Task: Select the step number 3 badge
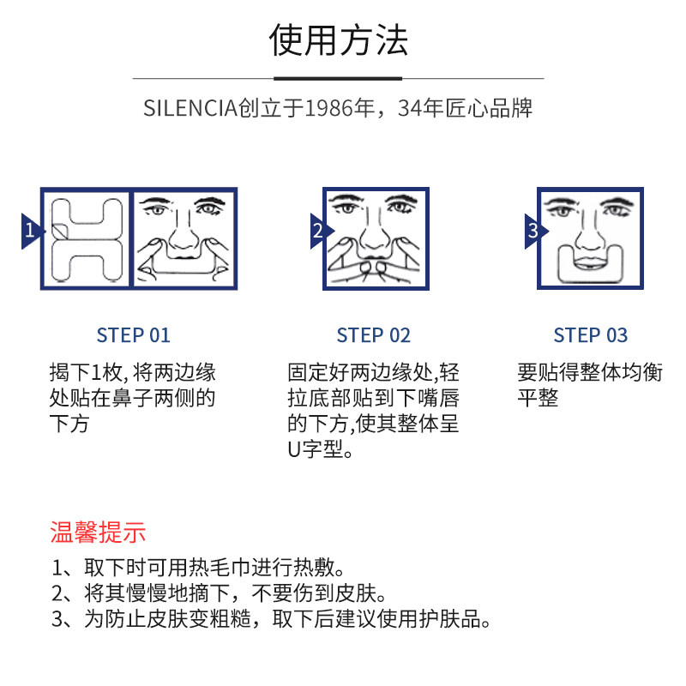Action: pos(533,231)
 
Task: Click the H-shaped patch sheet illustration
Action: pos(85,239)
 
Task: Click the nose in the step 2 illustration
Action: pos(376,232)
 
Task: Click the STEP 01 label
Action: pos(134,335)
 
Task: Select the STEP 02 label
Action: pos(374,335)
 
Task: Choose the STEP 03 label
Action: pos(591,335)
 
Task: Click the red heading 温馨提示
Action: pos(98,533)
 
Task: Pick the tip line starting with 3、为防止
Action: pos(272,619)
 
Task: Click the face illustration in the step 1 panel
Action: pos(183,238)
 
